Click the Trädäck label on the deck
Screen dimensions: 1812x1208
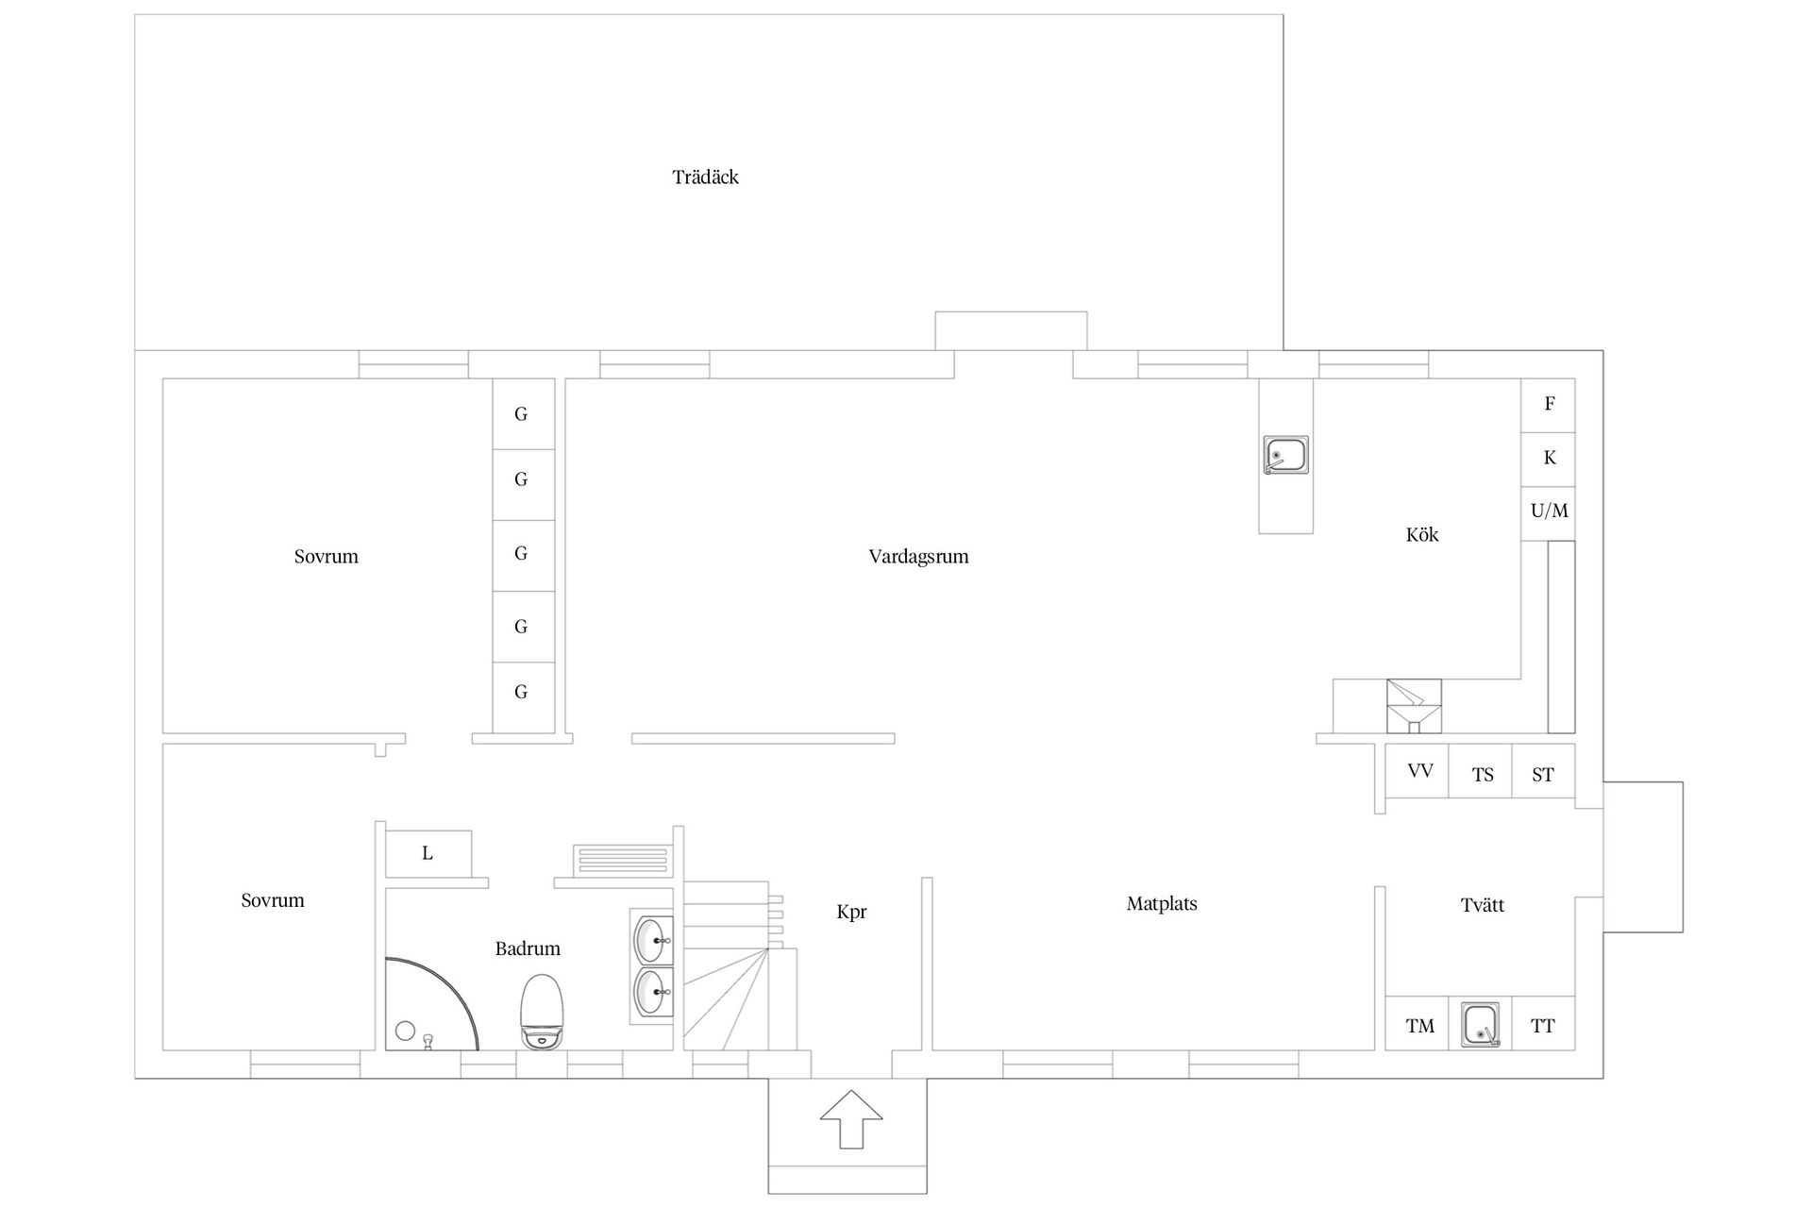tap(705, 177)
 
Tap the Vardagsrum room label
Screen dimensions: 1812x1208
tap(918, 557)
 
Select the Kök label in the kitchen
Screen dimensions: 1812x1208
tap(1422, 535)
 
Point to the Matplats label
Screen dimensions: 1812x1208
tap(1162, 904)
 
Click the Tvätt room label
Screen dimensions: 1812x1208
tap(1482, 906)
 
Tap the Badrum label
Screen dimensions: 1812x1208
tap(528, 949)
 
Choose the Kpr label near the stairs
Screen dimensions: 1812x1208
tap(851, 913)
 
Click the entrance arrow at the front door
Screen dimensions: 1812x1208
tap(851, 1119)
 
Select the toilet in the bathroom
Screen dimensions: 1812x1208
tap(543, 1011)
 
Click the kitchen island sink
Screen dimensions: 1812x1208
tap(1286, 455)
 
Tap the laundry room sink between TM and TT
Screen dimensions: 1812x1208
tap(1481, 1025)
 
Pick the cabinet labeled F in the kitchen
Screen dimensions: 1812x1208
tap(1548, 405)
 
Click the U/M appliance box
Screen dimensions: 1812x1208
tap(1548, 512)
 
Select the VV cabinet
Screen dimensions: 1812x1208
tap(1418, 771)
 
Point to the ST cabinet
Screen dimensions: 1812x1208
tap(1543, 771)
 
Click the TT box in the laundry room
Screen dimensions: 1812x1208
tap(1541, 1024)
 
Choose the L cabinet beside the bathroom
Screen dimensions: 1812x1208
tap(428, 854)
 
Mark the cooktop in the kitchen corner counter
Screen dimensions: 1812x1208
tap(1414, 706)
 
